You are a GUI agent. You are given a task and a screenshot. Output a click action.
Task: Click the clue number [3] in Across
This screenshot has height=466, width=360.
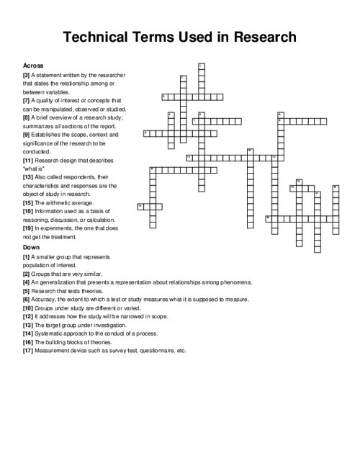point(26,74)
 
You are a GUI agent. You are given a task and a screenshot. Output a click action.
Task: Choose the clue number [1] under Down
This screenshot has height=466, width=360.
point(26,256)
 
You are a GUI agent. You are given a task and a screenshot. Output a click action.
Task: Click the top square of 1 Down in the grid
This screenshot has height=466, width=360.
point(201,67)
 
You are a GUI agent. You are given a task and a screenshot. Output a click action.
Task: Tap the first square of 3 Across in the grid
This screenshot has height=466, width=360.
point(165,97)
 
